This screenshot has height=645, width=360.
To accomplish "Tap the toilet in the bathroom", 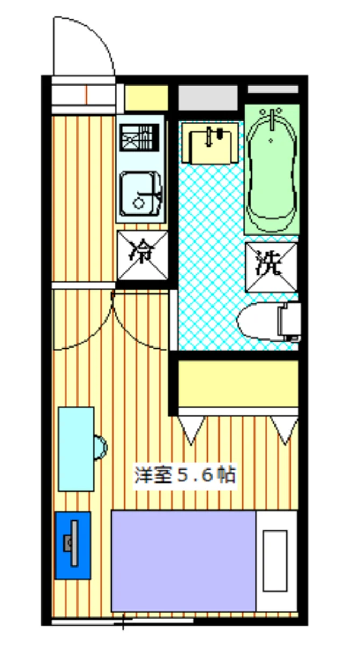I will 266,321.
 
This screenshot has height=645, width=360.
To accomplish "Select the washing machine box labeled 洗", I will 271,267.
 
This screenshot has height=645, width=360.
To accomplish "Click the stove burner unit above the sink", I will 139,138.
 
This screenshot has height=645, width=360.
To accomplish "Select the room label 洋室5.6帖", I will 184,476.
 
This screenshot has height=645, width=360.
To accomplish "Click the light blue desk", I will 76,449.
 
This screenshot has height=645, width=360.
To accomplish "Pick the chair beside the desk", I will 101,448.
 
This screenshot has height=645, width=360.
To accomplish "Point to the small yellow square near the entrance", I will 146,98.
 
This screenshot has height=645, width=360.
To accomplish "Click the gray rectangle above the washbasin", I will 208,98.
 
